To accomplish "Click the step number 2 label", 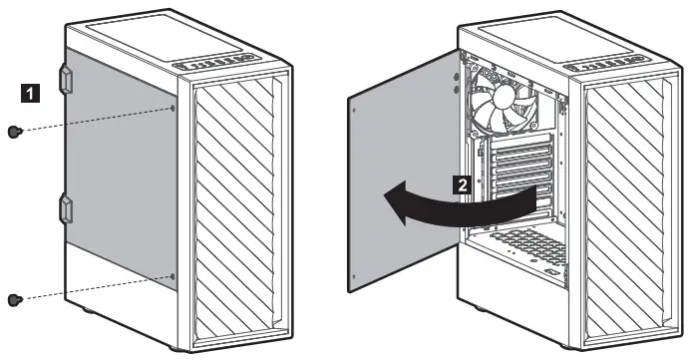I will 461,183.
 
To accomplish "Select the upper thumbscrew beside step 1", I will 15,133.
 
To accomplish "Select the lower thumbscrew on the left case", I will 14,298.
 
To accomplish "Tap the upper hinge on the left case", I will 67,78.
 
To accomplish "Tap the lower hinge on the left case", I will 67,209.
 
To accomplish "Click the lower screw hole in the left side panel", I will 173,276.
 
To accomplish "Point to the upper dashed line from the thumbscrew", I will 95,121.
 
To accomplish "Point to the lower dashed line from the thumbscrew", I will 95,287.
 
